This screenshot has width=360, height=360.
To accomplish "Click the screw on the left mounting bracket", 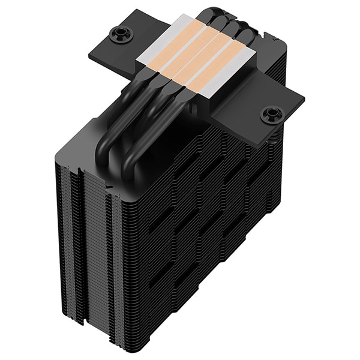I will click(x=118, y=33).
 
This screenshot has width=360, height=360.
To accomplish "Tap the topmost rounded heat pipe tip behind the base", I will click(x=215, y=12).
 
